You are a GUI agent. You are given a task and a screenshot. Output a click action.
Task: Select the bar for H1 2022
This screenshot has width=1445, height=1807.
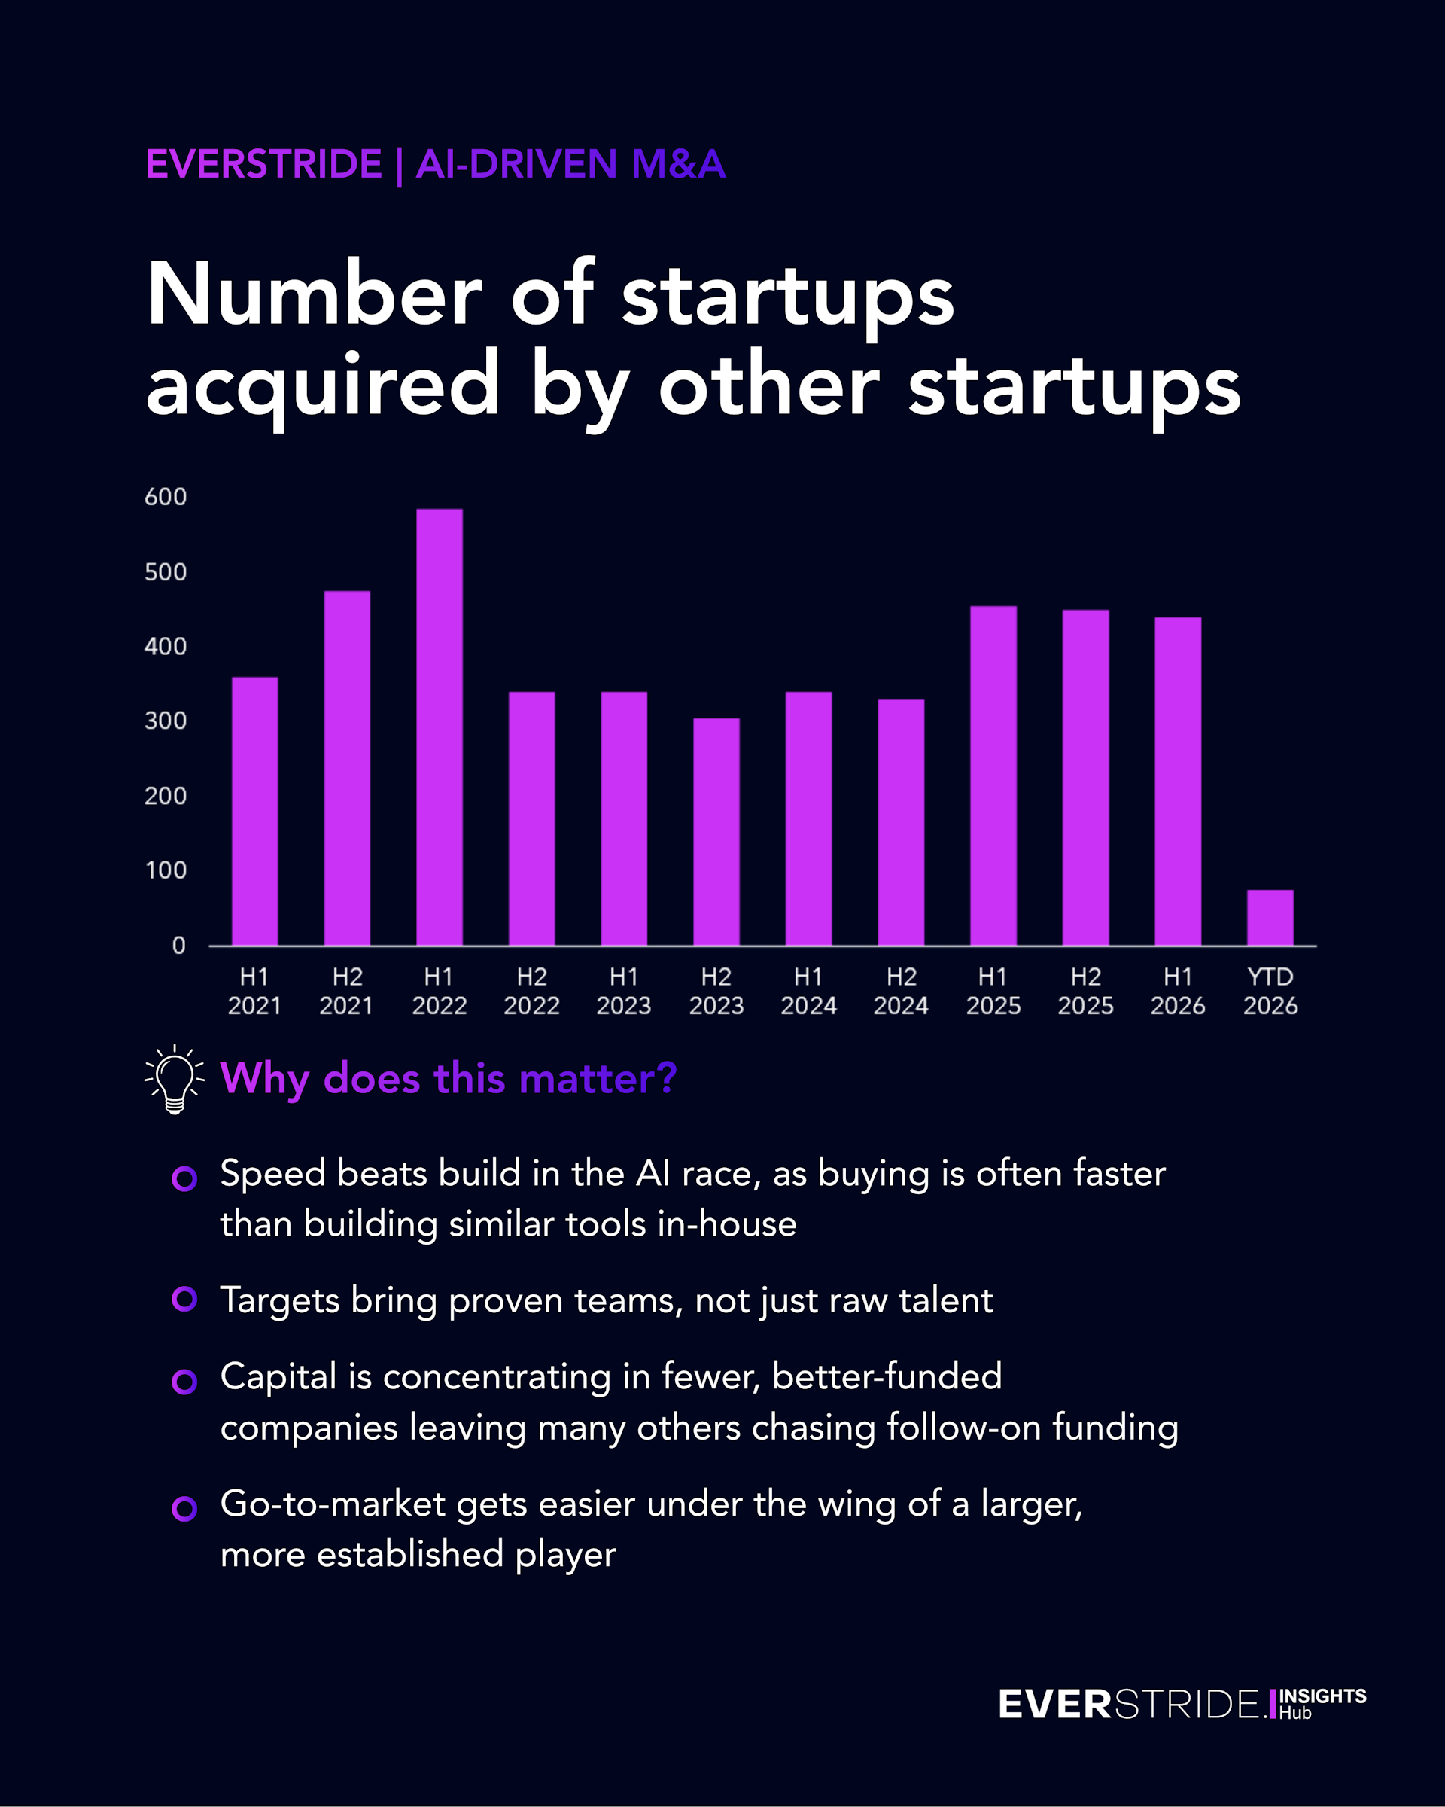click(439, 727)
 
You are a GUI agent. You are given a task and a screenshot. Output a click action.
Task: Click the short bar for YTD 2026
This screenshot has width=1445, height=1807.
click(1270, 918)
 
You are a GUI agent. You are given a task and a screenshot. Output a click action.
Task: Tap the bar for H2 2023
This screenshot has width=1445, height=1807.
click(716, 831)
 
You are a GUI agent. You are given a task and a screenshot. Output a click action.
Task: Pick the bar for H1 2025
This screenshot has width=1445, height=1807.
click(993, 776)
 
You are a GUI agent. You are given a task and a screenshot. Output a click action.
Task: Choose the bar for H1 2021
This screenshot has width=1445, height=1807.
click(254, 812)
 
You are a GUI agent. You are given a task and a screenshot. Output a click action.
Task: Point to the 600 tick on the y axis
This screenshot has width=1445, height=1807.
click(166, 497)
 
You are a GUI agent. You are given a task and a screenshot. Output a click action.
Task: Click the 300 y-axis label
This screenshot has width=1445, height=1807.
click(166, 721)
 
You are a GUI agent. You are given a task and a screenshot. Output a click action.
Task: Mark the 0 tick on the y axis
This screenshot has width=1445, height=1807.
click(178, 946)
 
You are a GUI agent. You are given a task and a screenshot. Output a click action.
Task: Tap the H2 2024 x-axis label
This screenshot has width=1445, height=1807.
click(902, 991)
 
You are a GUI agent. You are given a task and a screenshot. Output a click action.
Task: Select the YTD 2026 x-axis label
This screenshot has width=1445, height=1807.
click(1270, 991)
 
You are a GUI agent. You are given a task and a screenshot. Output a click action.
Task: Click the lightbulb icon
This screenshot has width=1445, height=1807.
click(175, 1079)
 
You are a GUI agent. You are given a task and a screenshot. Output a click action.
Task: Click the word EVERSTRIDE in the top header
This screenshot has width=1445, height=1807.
click(264, 163)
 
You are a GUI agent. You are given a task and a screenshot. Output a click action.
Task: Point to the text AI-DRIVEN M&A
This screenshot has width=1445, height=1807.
click(570, 163)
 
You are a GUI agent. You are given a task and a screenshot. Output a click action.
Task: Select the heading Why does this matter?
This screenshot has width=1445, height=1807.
click(448, 1078)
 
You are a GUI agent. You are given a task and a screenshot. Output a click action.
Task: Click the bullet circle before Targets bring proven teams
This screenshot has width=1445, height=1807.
click(184, 1299)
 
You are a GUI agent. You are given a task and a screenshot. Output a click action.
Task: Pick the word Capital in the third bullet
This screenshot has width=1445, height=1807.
click(279, 1377)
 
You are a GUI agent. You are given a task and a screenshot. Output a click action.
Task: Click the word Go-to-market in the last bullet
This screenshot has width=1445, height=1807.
click(333, 1504)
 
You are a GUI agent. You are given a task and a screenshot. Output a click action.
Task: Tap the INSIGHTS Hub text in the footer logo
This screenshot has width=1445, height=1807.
click(1322, 1704)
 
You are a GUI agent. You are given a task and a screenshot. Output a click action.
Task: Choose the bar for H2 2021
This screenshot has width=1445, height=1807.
click(347, 769)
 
